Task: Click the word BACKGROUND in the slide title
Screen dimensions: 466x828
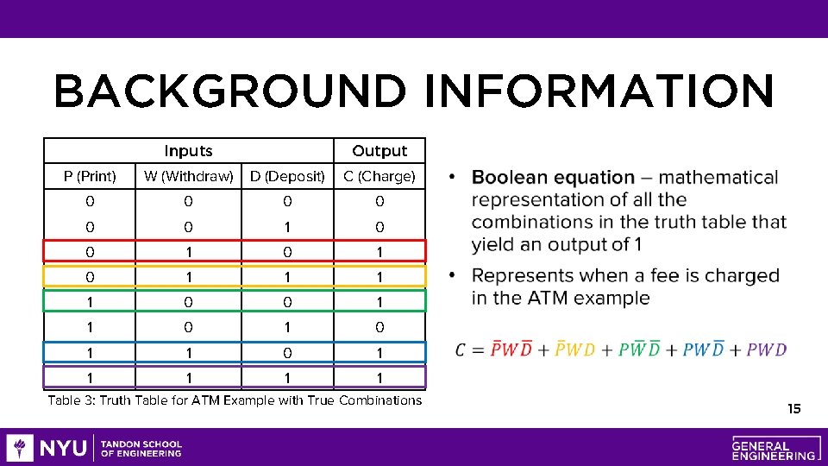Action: [x=229, y=91]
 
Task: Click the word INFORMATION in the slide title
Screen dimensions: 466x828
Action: [x=599, y=91]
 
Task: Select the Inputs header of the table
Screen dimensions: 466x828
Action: [x=188, y=151]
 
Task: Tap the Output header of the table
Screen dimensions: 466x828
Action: [x=379, y=151]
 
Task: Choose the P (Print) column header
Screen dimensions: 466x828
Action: [x=90, y=176]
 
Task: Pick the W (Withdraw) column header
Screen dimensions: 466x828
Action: [x=188, y=176]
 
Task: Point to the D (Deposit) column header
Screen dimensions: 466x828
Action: [x=287, y=176]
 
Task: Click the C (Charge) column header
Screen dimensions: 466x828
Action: [x=379, y=176]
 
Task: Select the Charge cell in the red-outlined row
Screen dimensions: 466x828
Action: [x=379, y=252]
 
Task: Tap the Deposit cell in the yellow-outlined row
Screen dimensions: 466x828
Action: [x=287, y=277]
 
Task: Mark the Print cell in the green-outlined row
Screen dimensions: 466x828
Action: [x=90, y=302]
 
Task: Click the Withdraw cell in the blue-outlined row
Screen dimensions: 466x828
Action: [x=188, y=352]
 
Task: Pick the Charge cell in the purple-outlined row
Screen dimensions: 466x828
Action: [x=379, y=377]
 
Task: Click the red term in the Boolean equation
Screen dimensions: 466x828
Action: [x=512, y=349]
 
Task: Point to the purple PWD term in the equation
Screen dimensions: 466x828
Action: [x=767, y=349]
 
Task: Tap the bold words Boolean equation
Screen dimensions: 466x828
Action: [x=553, y=178]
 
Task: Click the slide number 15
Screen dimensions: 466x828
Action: [x=793, y=408]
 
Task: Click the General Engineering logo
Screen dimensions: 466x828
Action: [x=774, y=447]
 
